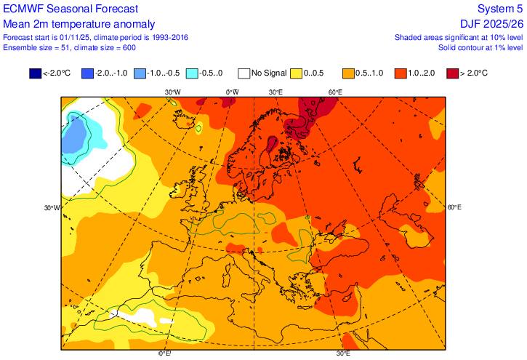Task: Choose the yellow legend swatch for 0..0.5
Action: tap(297, 73)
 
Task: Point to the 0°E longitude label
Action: tap(165, 353)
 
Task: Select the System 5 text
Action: tap(499, 8)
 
